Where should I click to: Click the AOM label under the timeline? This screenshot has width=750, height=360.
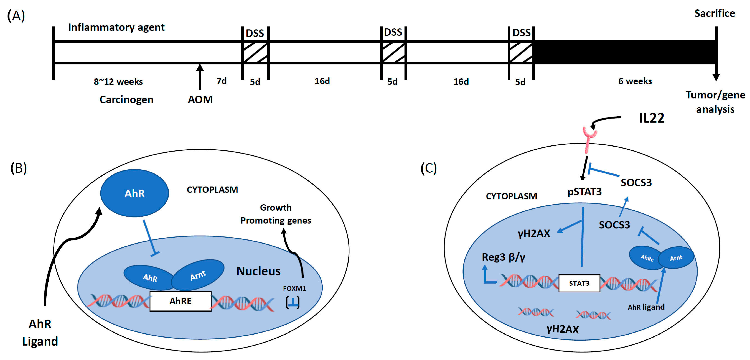point(200,99)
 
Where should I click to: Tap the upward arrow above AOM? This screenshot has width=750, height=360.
point(200,76)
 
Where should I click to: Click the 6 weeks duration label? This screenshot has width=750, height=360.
point(635,81)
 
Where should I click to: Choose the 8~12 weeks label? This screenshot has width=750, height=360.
point(118,81)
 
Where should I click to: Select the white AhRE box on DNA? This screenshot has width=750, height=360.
point(180,301)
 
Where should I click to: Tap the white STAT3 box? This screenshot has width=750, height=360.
point(579,283)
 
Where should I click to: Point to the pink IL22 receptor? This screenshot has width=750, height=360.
point(589,140)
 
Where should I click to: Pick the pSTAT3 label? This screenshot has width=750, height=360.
point(584,192)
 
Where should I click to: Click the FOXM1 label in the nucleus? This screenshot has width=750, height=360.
point(294,288)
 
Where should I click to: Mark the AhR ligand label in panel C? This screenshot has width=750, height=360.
point(646,307)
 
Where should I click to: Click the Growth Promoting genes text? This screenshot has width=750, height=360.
point(276,214)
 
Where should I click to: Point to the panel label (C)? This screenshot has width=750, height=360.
point(429,168)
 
